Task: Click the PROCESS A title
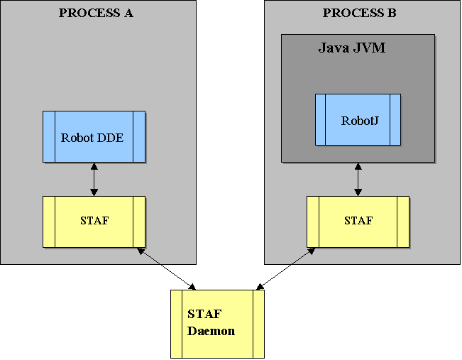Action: (x=96, y=13)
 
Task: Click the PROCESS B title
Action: (x=360, y=13)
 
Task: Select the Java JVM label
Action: (x=351, y=48)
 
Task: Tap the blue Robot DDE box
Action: (x=94, y=137)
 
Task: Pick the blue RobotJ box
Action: (x=358, y=119)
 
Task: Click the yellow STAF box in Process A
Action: (x=94, y=222)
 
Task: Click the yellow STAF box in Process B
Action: (x=358, y=222)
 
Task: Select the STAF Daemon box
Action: (x=217, y=323)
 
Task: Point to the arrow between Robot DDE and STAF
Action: (x=94, y=180)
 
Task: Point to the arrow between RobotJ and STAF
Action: (x=358, y=180)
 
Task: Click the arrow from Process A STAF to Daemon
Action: (x=167, y=268)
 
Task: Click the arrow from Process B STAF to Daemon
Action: (x=284, y=268)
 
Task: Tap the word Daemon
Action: (x=211, y=331)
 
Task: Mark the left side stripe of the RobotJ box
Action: (x=320, y=119)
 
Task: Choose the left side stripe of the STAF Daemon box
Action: (x=176, y=323)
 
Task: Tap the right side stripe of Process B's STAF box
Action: (x=404, y=222)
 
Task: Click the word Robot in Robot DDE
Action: (x=77, y=138)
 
